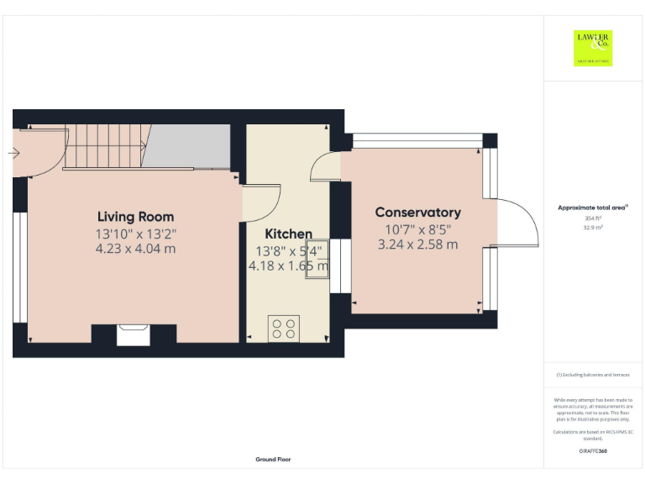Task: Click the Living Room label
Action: point(135,216)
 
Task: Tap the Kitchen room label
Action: point(288,234)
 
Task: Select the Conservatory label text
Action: point(417,213)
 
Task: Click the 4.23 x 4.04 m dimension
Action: point(135,249)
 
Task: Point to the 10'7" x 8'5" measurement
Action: point(417,229)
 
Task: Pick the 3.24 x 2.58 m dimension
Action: point(417,245)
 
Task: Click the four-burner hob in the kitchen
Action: point(283,328)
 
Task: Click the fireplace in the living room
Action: point(134,334)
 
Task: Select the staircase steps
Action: point(105,146)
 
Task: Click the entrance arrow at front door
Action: point(14,153)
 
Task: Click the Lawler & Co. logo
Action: point(593,48)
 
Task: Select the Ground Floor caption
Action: point(274,460)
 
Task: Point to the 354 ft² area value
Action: point(593,218)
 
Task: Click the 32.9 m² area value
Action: point(593,227)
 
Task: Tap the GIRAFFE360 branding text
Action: point(593,451)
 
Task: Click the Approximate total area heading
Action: point(593,207)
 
